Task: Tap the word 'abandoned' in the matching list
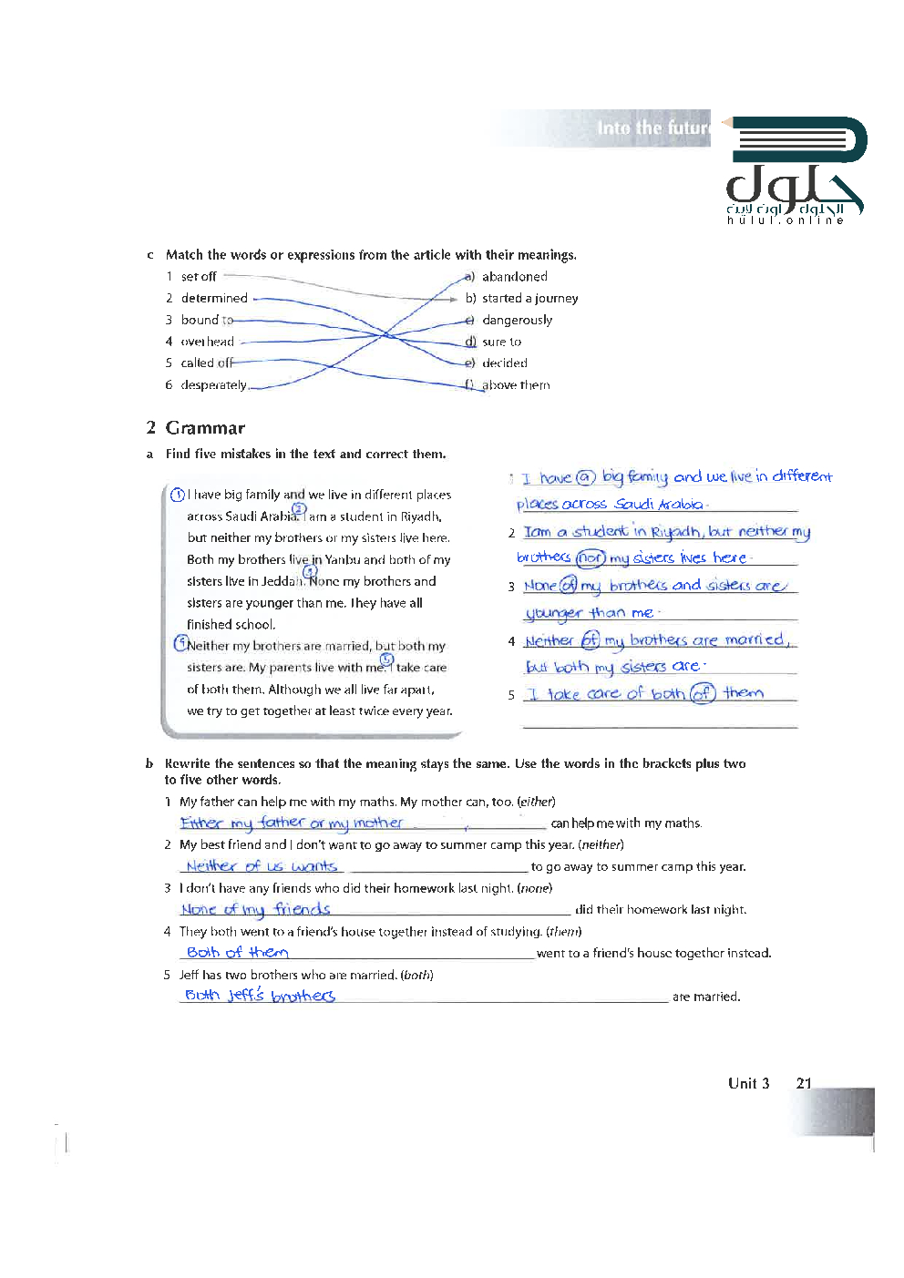514,277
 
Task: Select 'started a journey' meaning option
529,299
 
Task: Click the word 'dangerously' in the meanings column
517,321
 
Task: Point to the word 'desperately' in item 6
213,385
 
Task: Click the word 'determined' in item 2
214,299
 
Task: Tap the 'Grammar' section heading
205,428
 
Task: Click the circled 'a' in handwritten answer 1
586,477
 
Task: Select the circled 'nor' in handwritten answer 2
591,557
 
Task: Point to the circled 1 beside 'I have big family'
178,495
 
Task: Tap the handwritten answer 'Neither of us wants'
261,865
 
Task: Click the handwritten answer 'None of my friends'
255,909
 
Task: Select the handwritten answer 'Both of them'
237,952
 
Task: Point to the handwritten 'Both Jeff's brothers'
260,996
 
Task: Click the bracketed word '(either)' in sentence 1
536,803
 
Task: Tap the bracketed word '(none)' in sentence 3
534,888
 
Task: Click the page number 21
803,1083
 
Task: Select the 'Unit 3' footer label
748,1083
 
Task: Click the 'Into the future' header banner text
652,128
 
